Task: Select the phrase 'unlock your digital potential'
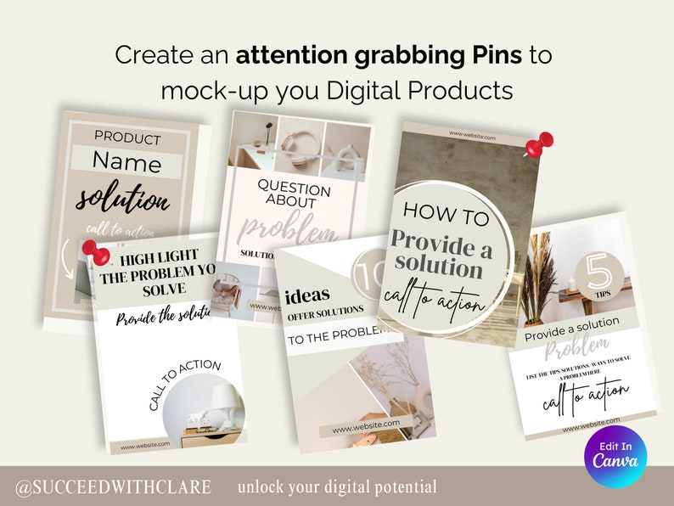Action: [x=337, y=487]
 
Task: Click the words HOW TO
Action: [x=446, y=215]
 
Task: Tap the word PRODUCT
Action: [x=127, y=137]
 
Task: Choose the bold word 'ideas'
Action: [x=308, y=296]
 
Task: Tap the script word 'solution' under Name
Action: [x=123, y=200]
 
